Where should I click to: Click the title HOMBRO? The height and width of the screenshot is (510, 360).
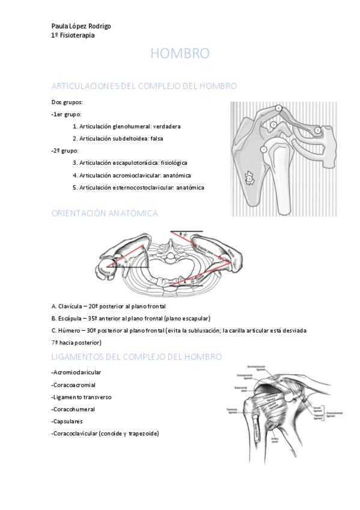180,54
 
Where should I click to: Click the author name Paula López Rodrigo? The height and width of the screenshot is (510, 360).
81,26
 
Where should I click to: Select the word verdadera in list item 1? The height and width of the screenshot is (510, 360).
166,126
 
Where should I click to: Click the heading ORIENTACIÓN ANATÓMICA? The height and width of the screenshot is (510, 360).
105,213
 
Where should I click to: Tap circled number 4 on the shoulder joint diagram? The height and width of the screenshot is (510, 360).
279,108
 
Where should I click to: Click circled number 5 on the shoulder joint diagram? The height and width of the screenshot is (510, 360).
318,129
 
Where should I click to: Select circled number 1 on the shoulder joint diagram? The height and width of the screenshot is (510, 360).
263,149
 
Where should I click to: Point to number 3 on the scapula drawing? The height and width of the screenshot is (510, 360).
249,178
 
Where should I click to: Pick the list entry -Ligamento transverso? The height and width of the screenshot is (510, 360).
82,398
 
